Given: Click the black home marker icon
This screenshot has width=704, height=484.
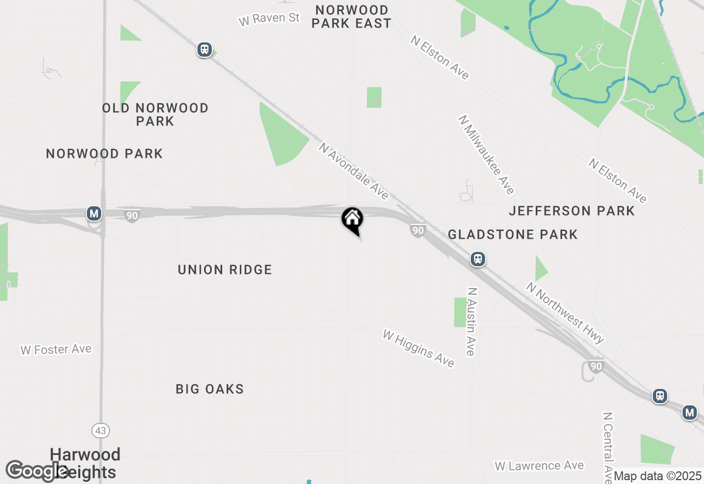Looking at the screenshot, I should tap(352, 219).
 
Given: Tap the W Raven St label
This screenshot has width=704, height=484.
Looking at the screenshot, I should tap(269, 19).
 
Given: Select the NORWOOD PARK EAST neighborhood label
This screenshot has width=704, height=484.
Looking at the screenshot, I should tap(352, 16).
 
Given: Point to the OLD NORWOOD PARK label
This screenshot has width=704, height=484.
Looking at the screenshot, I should tap(156, 114).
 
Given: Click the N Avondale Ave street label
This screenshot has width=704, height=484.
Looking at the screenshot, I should tap(354, 171).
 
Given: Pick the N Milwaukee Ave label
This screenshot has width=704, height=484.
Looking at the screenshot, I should tap(487, 155).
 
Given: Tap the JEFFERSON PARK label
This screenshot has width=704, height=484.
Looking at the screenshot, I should tap(572, 211).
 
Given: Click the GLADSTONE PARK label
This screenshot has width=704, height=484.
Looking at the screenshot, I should tap(513, 235).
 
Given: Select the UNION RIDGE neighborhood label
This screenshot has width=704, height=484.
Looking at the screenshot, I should tap(225, 269).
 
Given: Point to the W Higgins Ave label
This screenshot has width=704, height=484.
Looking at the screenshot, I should tap(419, 348).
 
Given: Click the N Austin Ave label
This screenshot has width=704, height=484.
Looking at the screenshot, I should tap(471, 321).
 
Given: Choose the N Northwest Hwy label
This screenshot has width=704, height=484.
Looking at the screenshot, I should tap(565, 312).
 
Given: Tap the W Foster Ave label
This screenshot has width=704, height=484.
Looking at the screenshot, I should tap(56, 349).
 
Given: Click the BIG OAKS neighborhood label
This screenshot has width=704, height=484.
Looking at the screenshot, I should tap(210, 389).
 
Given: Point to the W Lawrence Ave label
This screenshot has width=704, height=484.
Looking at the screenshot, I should tap(539, 466).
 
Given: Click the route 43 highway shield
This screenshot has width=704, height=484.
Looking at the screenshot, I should tap(101, 431).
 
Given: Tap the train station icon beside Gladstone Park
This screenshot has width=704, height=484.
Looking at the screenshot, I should tap(478, 259).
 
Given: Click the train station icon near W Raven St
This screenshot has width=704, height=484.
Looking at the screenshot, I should tap(205, 50).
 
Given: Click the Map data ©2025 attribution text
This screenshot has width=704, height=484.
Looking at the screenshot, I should tap(657, 476).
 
